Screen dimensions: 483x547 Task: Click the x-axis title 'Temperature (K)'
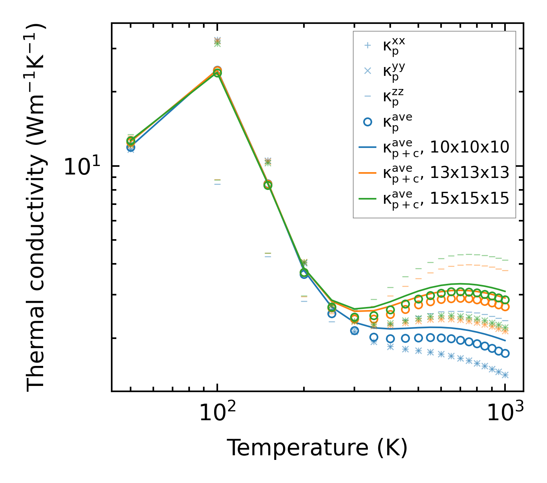(317, 448)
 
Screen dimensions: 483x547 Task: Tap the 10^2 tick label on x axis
(217, 414)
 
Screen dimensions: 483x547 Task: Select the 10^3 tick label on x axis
(505, 414)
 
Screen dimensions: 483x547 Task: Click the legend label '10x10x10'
(470, 147)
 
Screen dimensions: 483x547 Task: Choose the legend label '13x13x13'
(470, 173)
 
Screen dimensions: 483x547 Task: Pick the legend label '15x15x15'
(470, 199)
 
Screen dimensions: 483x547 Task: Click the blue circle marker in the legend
(367, 122)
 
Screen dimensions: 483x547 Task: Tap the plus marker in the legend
(367, 45)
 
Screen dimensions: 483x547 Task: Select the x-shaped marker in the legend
(367, 71)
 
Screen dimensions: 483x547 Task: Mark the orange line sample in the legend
(367, 173)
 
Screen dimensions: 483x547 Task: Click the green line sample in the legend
(367, 199)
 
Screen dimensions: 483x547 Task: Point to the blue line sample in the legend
(367, 147)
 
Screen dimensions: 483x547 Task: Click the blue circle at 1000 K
(505, 353)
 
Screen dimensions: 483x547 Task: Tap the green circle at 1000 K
(505, 300)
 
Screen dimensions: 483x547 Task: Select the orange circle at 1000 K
(505, 307)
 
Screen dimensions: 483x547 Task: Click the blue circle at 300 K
(354, 330)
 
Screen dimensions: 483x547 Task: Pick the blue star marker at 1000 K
(505, 375)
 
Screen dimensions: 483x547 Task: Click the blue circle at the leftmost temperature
(131, 147)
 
